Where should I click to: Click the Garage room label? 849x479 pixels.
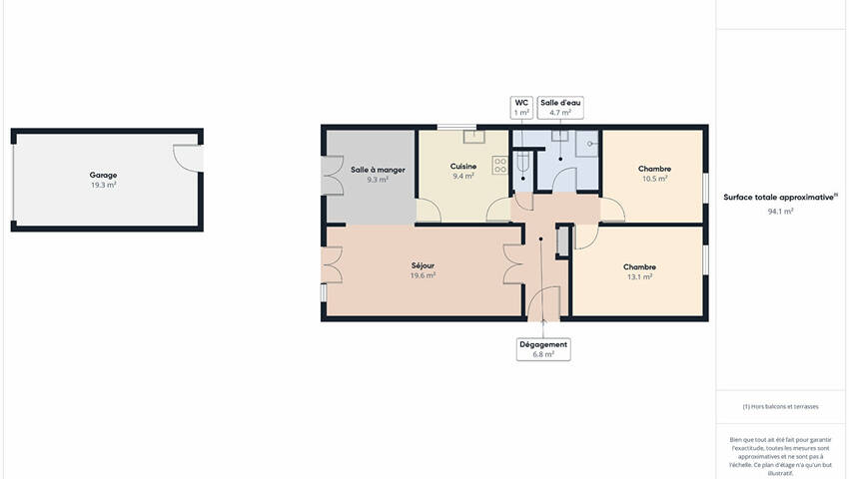(x=103, y=175)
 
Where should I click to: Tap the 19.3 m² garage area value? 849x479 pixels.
(x=104, y=185)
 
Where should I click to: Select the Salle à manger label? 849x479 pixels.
(x=378, y=170)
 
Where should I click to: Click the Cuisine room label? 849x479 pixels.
(x=463, y=167)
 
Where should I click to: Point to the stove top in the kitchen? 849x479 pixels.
(x=500, y=165)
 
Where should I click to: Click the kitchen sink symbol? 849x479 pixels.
(x=474, y=137)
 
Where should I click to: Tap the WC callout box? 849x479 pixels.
(x=522, y=108)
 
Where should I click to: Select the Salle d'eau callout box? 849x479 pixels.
(x=560, y=108)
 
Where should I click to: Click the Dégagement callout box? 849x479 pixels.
(x=543, y=349)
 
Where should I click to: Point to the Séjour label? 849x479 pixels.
(x=423, y=265)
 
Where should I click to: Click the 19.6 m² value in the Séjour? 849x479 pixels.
(x=423, y=275)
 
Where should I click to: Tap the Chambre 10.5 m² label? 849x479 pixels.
(x=654, y=174)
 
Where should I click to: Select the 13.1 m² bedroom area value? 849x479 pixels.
(x=639, y=276)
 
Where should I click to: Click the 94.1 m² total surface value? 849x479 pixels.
(x=781, y=212)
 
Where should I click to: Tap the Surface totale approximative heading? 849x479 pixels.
(x=780, y=198)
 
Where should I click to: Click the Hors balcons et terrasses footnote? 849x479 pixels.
(x=781, y=406)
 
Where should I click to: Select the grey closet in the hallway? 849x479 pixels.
(x=563, y=240)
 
